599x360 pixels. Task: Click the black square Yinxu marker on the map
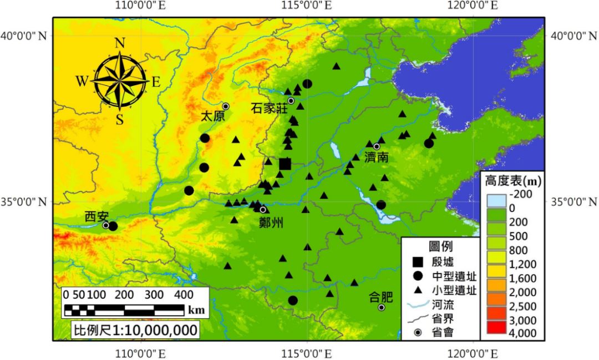[285, 164]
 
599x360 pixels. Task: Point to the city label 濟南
[377, 158]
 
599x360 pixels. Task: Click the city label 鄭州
[271, 223]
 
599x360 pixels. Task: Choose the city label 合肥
[381, 297]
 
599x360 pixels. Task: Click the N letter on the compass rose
[119, 43]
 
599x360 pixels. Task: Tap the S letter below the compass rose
[119, 119]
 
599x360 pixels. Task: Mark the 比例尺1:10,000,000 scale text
[136, 331]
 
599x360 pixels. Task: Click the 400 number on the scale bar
[184, 295]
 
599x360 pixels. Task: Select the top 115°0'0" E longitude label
[307, 7]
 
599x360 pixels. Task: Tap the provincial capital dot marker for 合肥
[382, 307]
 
